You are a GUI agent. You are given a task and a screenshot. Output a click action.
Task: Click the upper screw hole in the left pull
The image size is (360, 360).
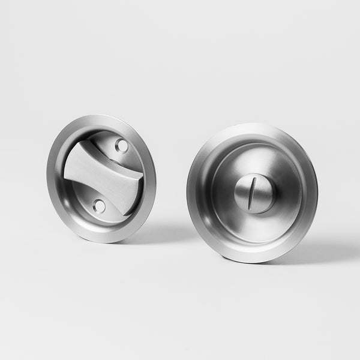coord(121,145)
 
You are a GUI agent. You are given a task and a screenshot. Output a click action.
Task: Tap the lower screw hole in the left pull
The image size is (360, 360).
coord(99,206)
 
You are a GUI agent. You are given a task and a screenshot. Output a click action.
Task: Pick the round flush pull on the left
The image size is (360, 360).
coord(101,178)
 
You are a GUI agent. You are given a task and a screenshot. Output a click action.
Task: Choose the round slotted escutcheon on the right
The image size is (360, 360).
coord(252,192)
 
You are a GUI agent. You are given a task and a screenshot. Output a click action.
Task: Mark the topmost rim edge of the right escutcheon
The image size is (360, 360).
coord(255,125)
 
